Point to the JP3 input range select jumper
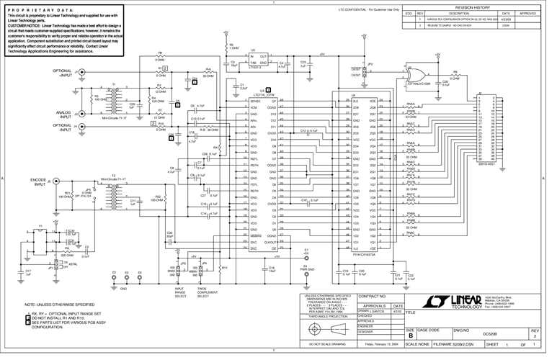pos(180,272)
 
